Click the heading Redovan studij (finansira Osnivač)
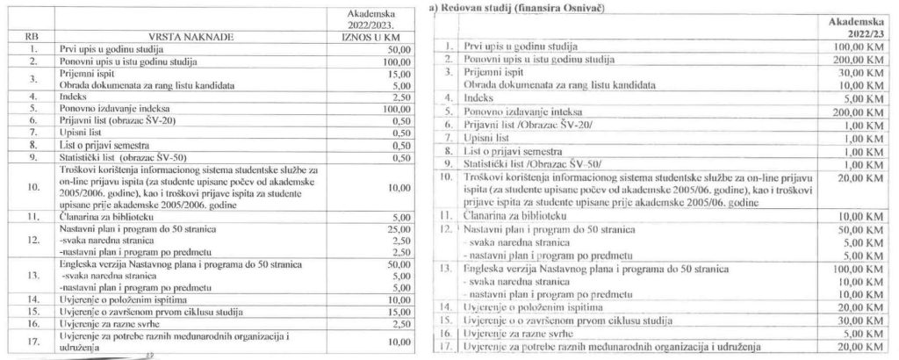509,8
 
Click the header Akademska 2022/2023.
372,19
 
